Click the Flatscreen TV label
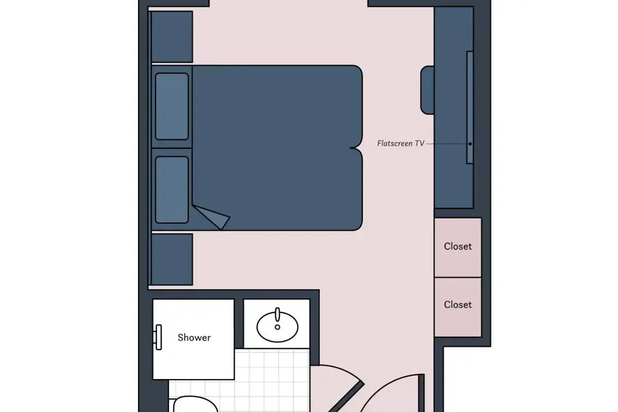tap(401, 144)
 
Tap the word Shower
tap(194, 337)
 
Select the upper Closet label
tap(458, 246)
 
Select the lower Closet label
tap(458, 305)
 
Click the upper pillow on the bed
tap(172, 106)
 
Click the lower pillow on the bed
tap(172, 190)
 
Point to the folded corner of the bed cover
tap(212, 217)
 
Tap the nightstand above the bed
tap(172, 37)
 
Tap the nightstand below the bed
tap(172, 260)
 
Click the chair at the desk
tap(427, 90)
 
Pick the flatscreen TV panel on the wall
tap(470, 107)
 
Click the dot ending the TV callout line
tap(470, 144)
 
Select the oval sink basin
tap(277, 327)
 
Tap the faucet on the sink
tap(278, 315)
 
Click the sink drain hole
tap(278, 327)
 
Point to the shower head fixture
tap(158, 337)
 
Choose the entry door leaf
tap(421, 393)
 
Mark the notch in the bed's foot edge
tap(354, 148)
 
